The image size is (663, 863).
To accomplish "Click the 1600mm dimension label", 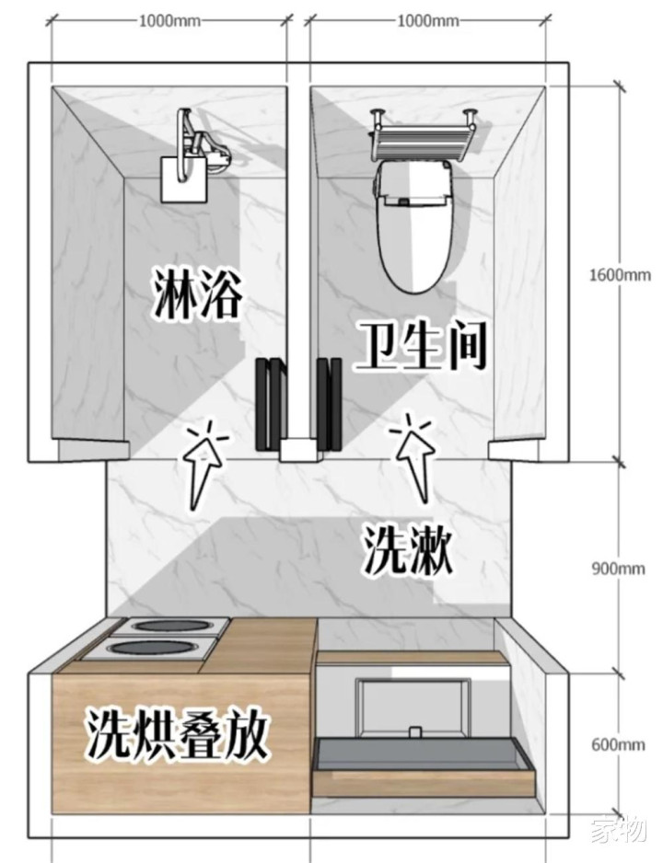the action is [620, 274].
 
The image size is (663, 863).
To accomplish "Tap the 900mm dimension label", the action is [618, 568].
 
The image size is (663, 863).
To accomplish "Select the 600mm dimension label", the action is [618, 744].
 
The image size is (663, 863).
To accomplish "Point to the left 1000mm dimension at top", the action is [169, 21].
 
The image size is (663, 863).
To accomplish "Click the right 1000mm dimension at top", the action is [428, 21].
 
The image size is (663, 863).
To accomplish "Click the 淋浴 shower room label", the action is [196, 293].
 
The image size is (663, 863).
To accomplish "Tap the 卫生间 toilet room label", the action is [420, 346].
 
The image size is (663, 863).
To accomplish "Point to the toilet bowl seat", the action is [416, 226].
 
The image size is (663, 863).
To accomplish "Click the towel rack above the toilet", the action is [423, 136].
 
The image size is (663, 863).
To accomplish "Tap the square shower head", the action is [183, 178].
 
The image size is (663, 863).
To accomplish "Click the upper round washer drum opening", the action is [168, 627].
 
